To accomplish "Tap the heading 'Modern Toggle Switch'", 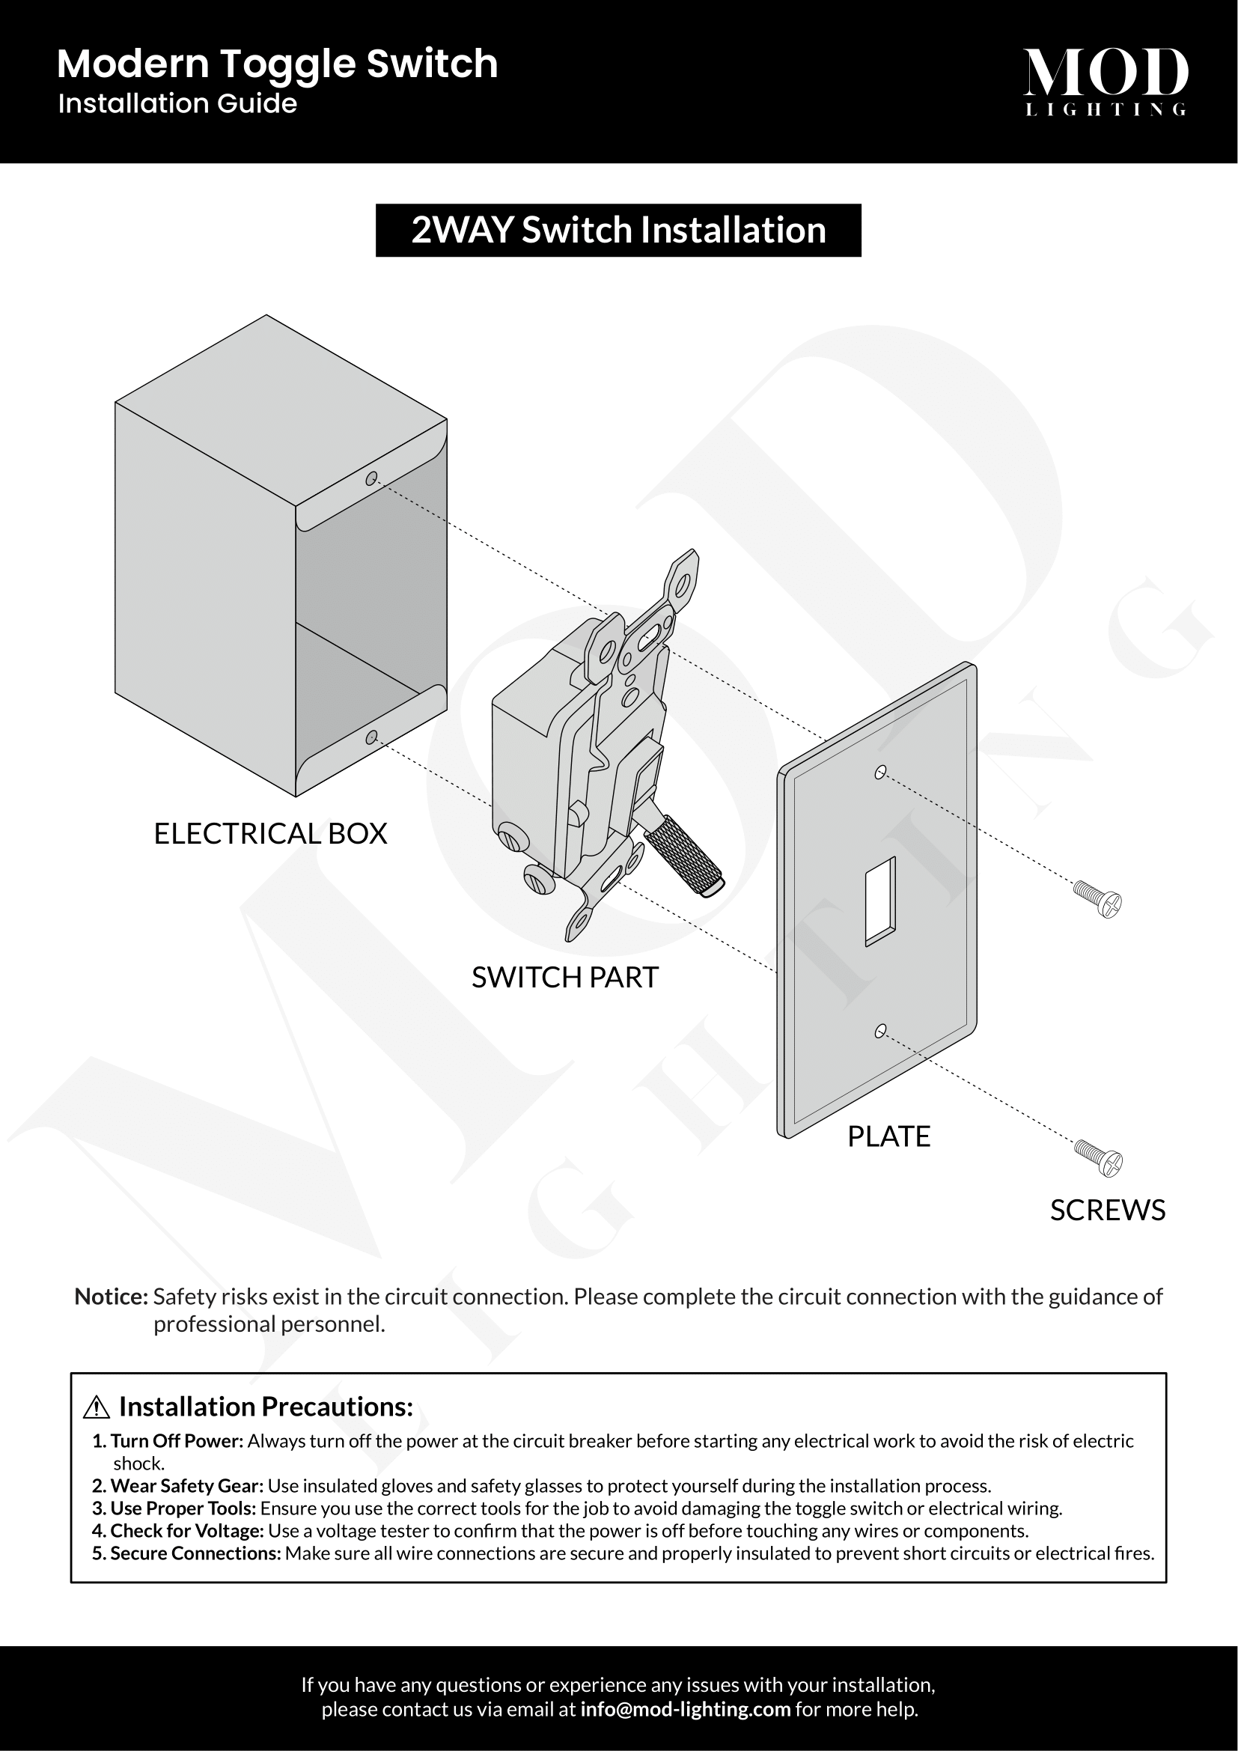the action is (278, 65).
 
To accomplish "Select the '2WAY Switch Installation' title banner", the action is (618, 231).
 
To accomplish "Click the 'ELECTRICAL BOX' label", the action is (271, 833).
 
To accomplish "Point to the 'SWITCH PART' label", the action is (565, 978).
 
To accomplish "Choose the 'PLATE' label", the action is (889, 1136).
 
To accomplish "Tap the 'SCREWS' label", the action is (1108, 1211).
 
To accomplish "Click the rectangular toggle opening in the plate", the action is (880, 901).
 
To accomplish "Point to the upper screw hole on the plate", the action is (880, 773).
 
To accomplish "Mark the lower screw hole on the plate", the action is (880, 1032).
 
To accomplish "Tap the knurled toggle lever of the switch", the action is (684, 856).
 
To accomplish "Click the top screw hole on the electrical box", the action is (371, 479).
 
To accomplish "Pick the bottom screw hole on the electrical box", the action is (371, 737).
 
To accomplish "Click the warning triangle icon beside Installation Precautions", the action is (97, 1408).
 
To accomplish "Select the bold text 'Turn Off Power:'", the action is (177, 1441).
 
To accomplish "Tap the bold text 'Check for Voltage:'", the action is (188, 1531).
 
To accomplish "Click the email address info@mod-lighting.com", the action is (686, 1709).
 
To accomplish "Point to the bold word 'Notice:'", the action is (112, 1297).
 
